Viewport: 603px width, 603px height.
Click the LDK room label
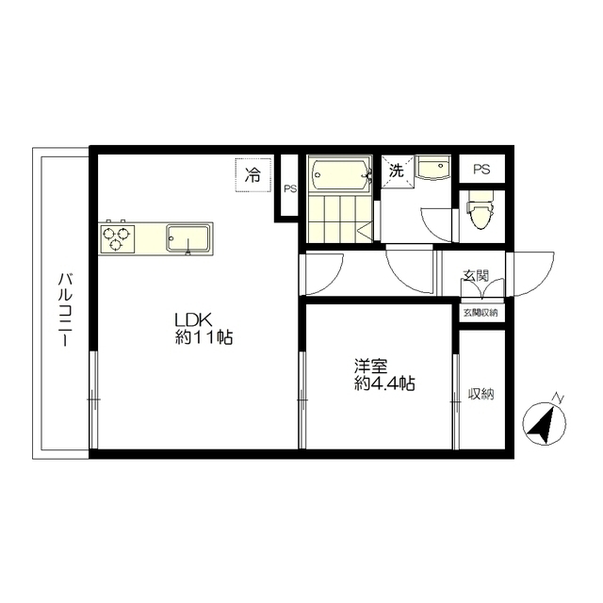(192, 319)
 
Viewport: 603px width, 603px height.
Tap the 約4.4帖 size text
(384, 383)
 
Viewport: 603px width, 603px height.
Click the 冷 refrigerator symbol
(253, 175)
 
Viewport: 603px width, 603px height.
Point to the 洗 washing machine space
(397, 171)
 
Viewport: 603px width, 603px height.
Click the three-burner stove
(117, 238)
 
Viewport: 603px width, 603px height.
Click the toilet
(480, 209)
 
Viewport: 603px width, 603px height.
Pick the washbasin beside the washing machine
(433, 168)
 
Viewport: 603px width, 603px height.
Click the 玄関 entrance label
(475, 275)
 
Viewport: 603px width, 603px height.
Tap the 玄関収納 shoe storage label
(481, 313)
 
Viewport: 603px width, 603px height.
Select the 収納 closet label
(481, 394)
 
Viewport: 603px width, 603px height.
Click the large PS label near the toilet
(481, 170)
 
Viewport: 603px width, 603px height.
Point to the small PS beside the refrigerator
(290, 188)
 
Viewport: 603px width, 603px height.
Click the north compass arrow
(543, 423)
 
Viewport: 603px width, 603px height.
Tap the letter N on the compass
(558, 398)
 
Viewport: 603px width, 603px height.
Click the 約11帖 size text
(204, 337)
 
